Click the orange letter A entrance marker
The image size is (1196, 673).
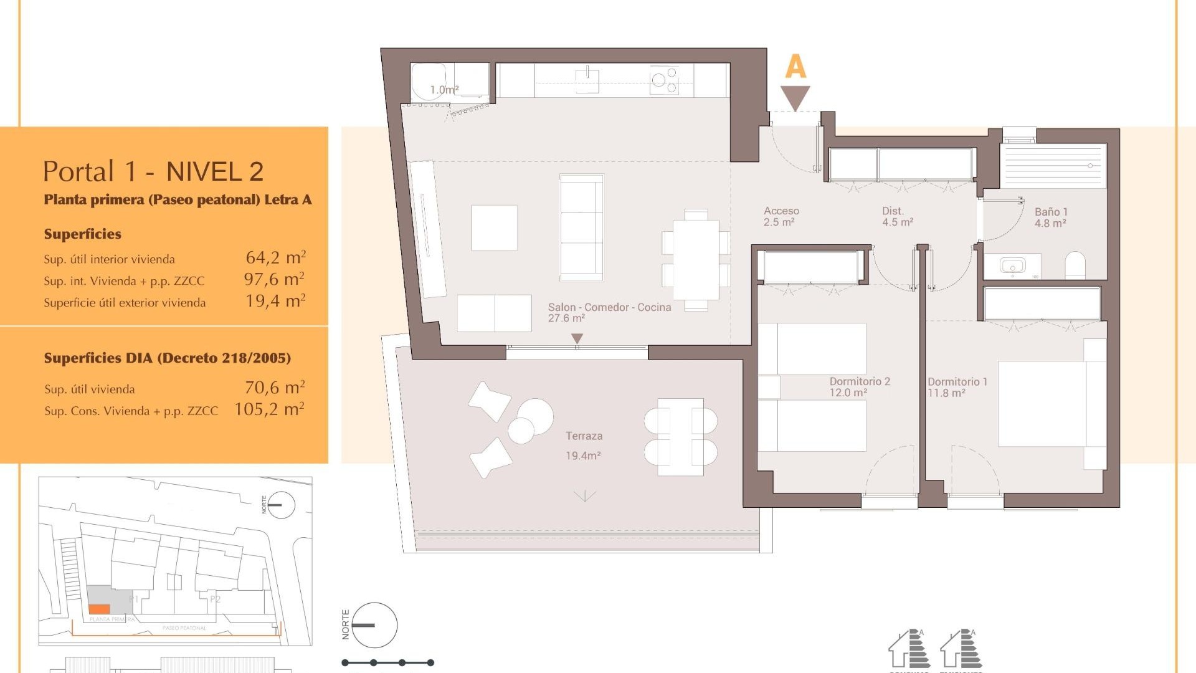pos(795,67)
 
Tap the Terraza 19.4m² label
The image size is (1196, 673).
pos(584,445)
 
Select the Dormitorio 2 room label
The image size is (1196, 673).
pos(859,386)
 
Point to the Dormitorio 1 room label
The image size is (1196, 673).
pos(957,386)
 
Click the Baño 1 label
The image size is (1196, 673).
pos(1050,217)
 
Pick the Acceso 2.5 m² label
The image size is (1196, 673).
pos(781,216)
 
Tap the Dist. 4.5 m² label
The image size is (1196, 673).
pos(897,216)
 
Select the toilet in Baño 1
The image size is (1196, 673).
pos(1075,265)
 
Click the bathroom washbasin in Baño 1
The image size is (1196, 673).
pos(1012,266)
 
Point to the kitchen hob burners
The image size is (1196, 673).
pos(664,80)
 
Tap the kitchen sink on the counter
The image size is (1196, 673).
pos(587,80)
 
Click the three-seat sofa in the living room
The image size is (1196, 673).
pos(581,227)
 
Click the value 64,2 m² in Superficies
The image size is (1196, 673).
pos(275,257)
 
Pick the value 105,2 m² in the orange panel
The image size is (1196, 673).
pos(269,409)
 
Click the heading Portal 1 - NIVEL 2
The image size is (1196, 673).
pos(153,171)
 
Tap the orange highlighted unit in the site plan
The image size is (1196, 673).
pos(99,609)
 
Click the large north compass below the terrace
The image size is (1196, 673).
pos(374,625)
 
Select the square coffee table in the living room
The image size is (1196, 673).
pos(494,228)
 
